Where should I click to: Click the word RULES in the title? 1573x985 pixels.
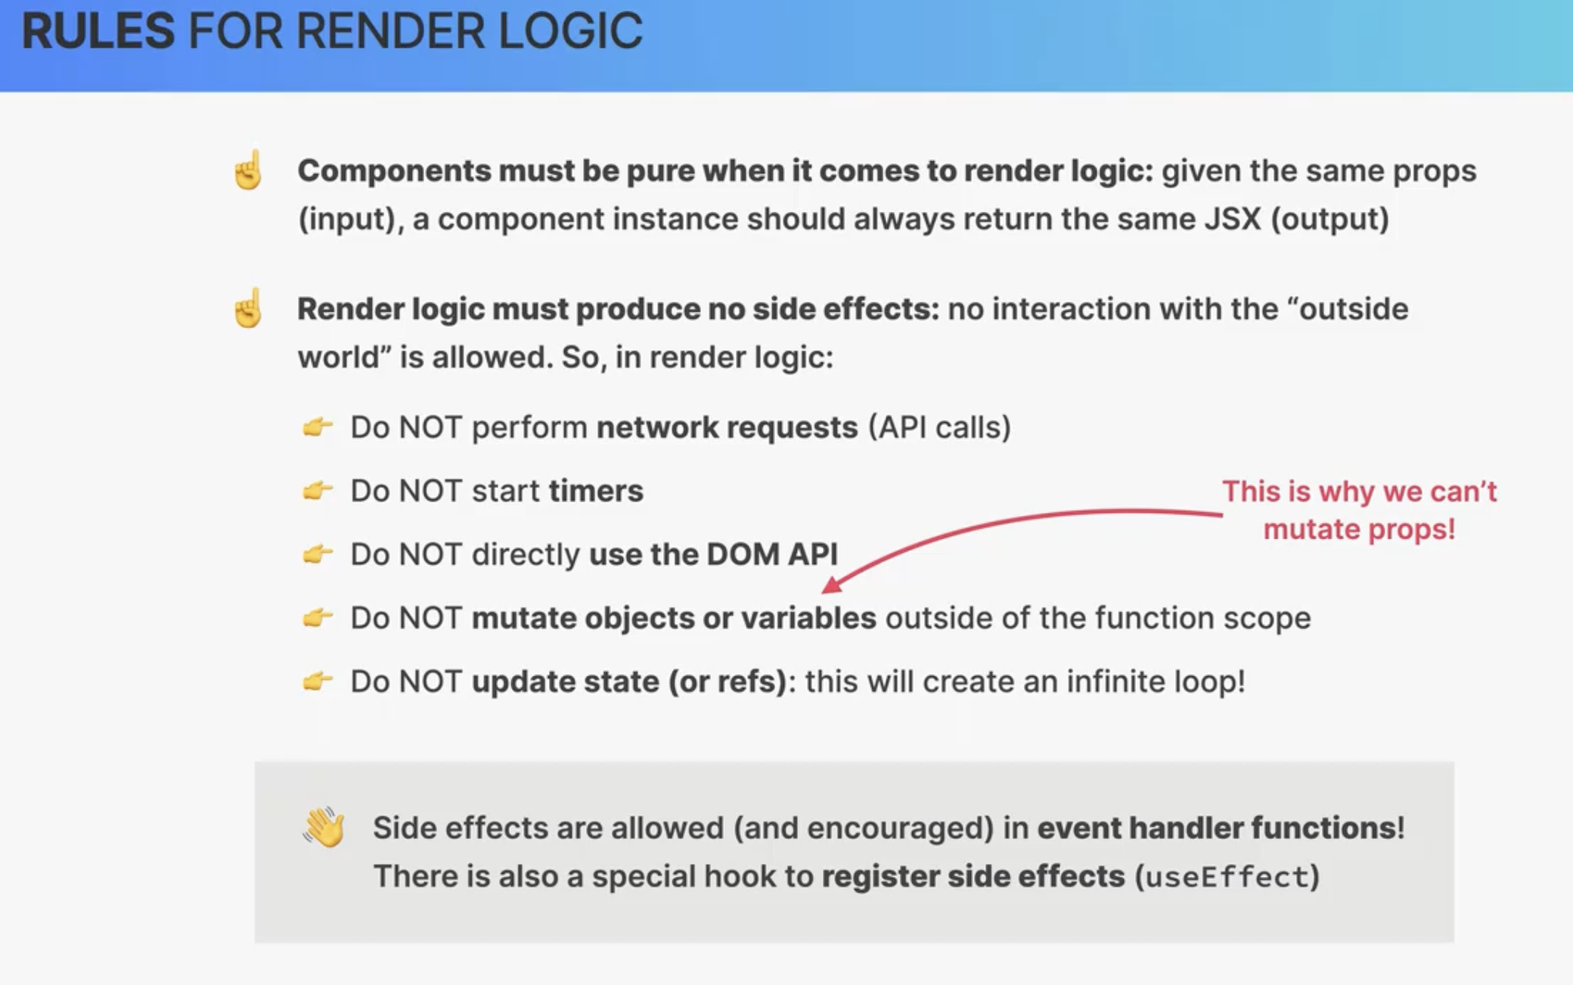click(x=98, y=31)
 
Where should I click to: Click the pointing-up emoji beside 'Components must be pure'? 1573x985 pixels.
click(x=248, y=169)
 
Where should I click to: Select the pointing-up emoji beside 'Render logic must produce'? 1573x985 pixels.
click(x=248, y=308)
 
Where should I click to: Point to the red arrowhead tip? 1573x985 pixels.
click(x=823, y=591)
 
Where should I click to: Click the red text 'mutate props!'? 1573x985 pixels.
click(x=1359, y=529)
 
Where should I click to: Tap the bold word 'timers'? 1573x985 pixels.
click(x=596, y=491)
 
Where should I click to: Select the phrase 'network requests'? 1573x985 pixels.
click(x=728, y=427)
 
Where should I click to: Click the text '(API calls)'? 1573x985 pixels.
click(x=939, y=427)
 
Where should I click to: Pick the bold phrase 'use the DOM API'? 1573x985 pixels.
click(x=713, y=554)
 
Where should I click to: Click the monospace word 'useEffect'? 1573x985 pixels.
click(x=1227, y=877)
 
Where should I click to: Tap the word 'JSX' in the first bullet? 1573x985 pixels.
click(x=1233, y=219)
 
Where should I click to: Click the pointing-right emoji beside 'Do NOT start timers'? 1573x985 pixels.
click(x=318, y=491)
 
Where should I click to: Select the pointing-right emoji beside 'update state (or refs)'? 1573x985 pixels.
click(x=318, y=682)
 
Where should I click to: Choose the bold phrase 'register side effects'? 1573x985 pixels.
click(x=973, y=876)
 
